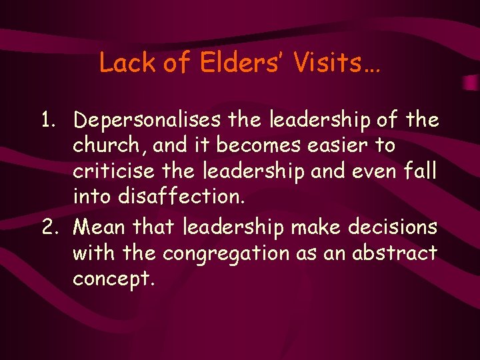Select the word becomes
[248, 145]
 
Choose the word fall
[421, 170]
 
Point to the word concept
[114, 279]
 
